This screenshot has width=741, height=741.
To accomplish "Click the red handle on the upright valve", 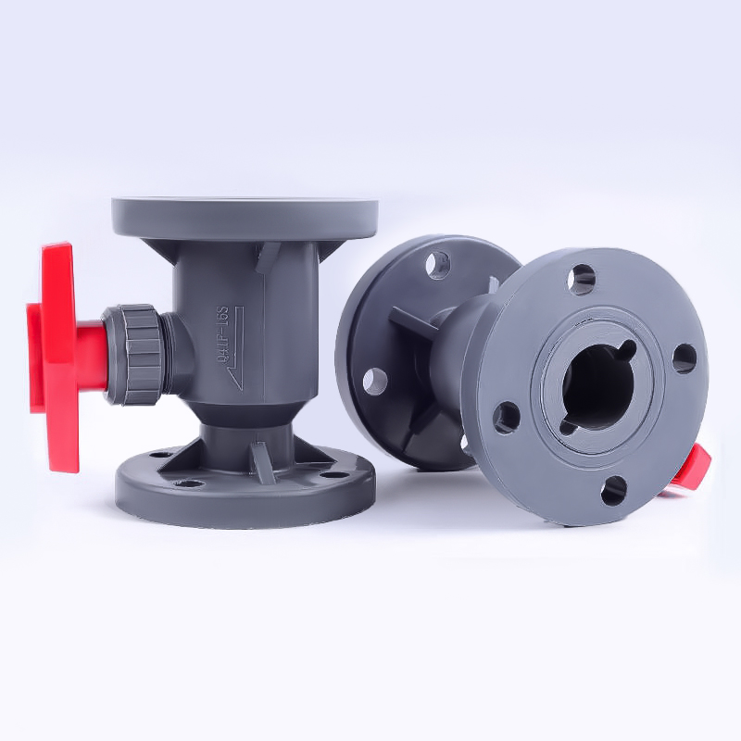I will click(x=57, y=352).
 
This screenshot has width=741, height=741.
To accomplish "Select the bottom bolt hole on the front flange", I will click(x=613, y=490).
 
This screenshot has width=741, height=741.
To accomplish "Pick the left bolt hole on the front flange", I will click(x=507, y=417).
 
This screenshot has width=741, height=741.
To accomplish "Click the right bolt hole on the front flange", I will click(x=684, y=357).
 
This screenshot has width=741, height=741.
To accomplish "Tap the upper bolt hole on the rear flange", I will click(x=438, y=265).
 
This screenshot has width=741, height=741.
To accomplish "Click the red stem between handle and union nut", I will click(x=90, y=355).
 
